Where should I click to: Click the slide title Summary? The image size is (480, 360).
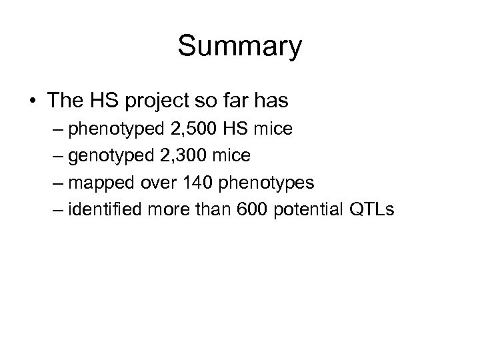click(x=239, y=47)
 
